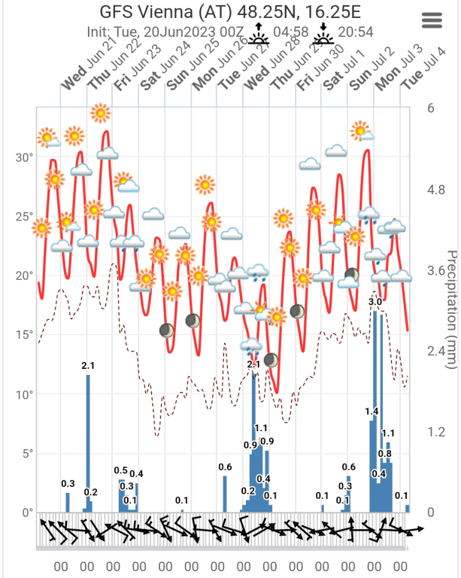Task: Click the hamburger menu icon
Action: (x=432, y=20)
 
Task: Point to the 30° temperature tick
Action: (x=25, y=158)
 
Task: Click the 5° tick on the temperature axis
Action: (x=28, y=453)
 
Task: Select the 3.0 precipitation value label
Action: (x=375, y=302)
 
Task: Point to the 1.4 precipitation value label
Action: (x=372, y=411)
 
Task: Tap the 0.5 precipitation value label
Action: (x=120, y=470)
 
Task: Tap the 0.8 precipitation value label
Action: (x=384, y=454)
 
